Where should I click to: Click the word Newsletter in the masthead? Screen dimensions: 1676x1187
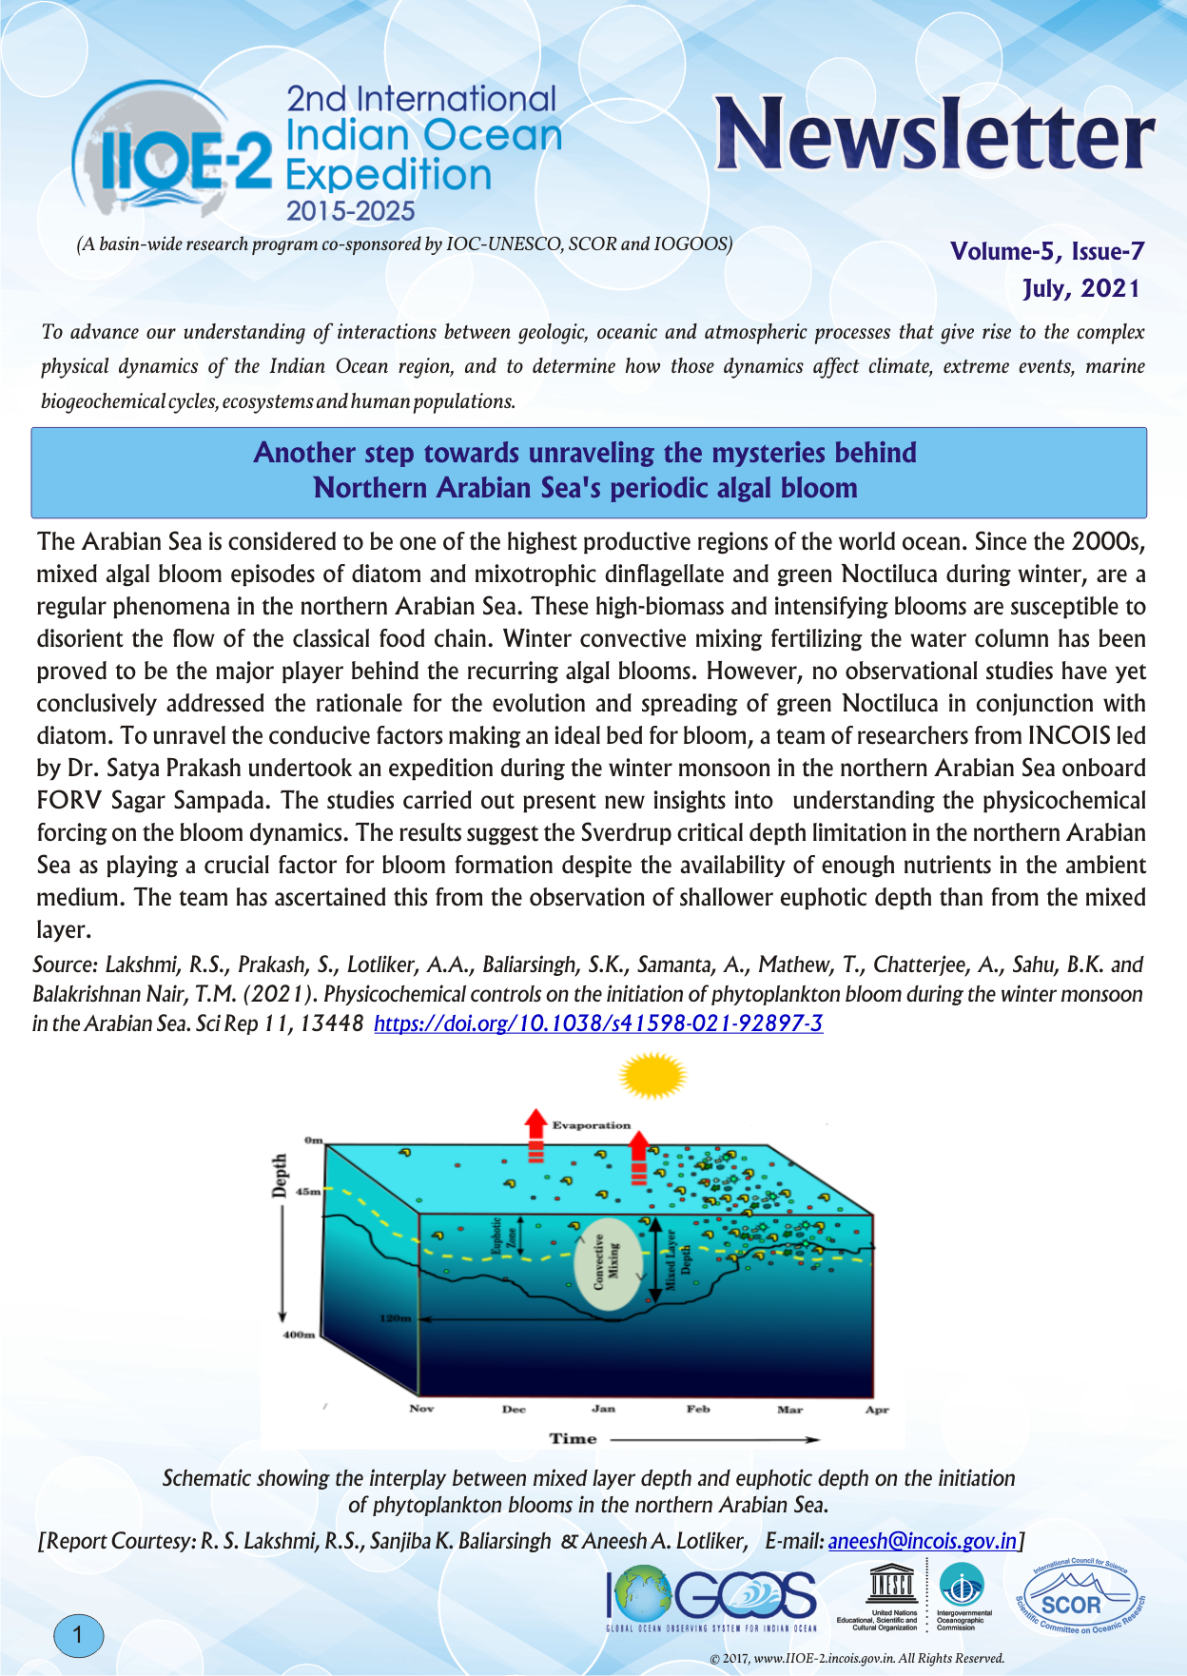point(934,135)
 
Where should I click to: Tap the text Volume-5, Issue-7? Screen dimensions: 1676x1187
point(1046,251)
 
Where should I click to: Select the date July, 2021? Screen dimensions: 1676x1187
point(1080,288)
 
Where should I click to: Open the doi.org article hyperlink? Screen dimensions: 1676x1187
point(598,1023)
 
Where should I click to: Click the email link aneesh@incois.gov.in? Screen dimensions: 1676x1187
point(922,1540)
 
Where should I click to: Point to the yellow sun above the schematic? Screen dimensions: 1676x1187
point(652,1076)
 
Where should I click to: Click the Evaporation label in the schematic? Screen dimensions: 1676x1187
point(591,1125)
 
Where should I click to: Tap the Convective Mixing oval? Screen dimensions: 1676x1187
point(606,1263)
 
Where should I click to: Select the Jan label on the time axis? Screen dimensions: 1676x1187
point(603,1409)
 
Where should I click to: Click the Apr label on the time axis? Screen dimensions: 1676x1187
point(876,1410)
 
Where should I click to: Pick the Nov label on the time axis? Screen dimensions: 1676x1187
point(421,1409)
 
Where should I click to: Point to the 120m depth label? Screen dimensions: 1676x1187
point(395,1318)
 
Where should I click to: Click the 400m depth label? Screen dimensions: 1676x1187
point(299,1335)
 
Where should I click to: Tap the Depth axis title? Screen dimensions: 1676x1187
point(280,1177)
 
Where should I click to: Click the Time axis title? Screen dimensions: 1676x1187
point(573,1438)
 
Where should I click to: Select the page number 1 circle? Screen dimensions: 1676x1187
point(78,1636)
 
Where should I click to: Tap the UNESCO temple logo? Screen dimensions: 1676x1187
point(891,1585)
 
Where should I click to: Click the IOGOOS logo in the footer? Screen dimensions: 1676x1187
point(711,1598)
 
